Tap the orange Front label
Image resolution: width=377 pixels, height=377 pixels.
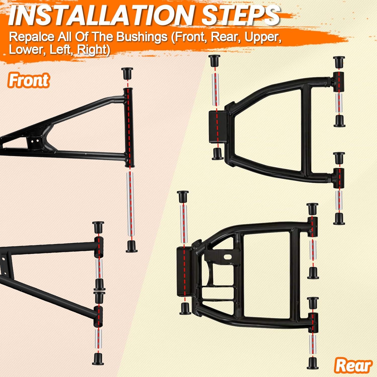(x=28, y=80)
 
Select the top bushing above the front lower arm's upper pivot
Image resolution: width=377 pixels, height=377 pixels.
(x=98, y=228)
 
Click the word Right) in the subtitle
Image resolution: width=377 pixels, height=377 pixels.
(x=93, y=50)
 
